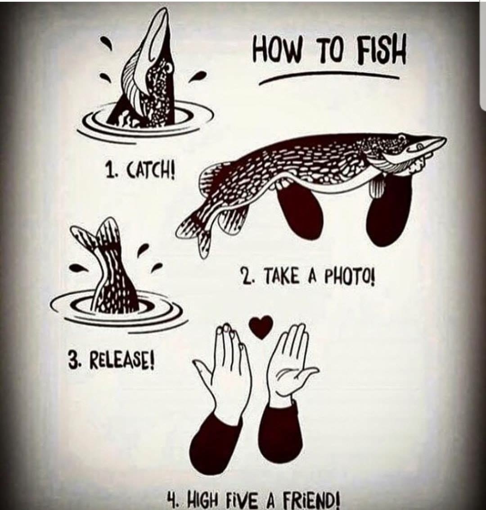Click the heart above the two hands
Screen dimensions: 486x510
pos(261,327)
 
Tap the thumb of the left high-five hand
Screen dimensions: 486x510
pos(204,369)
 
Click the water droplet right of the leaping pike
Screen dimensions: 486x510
pos(199,75)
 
